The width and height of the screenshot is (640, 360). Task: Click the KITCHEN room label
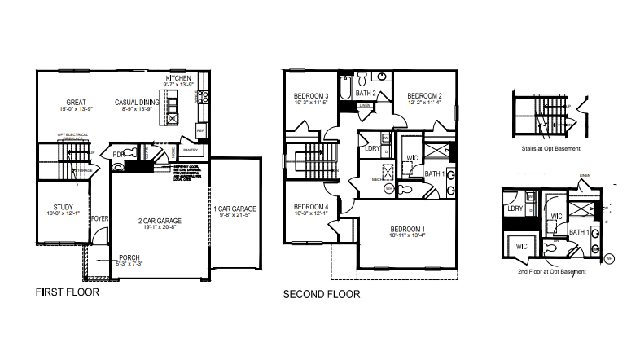pos(178,77)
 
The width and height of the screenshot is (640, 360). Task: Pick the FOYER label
pos(99,219)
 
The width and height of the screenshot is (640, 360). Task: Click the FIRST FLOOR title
pos(68,292)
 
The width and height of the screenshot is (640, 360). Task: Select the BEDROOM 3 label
pos(311,96)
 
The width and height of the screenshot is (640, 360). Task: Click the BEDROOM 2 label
pos(423,94)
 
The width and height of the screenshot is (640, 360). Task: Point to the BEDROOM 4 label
pos(310,207)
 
